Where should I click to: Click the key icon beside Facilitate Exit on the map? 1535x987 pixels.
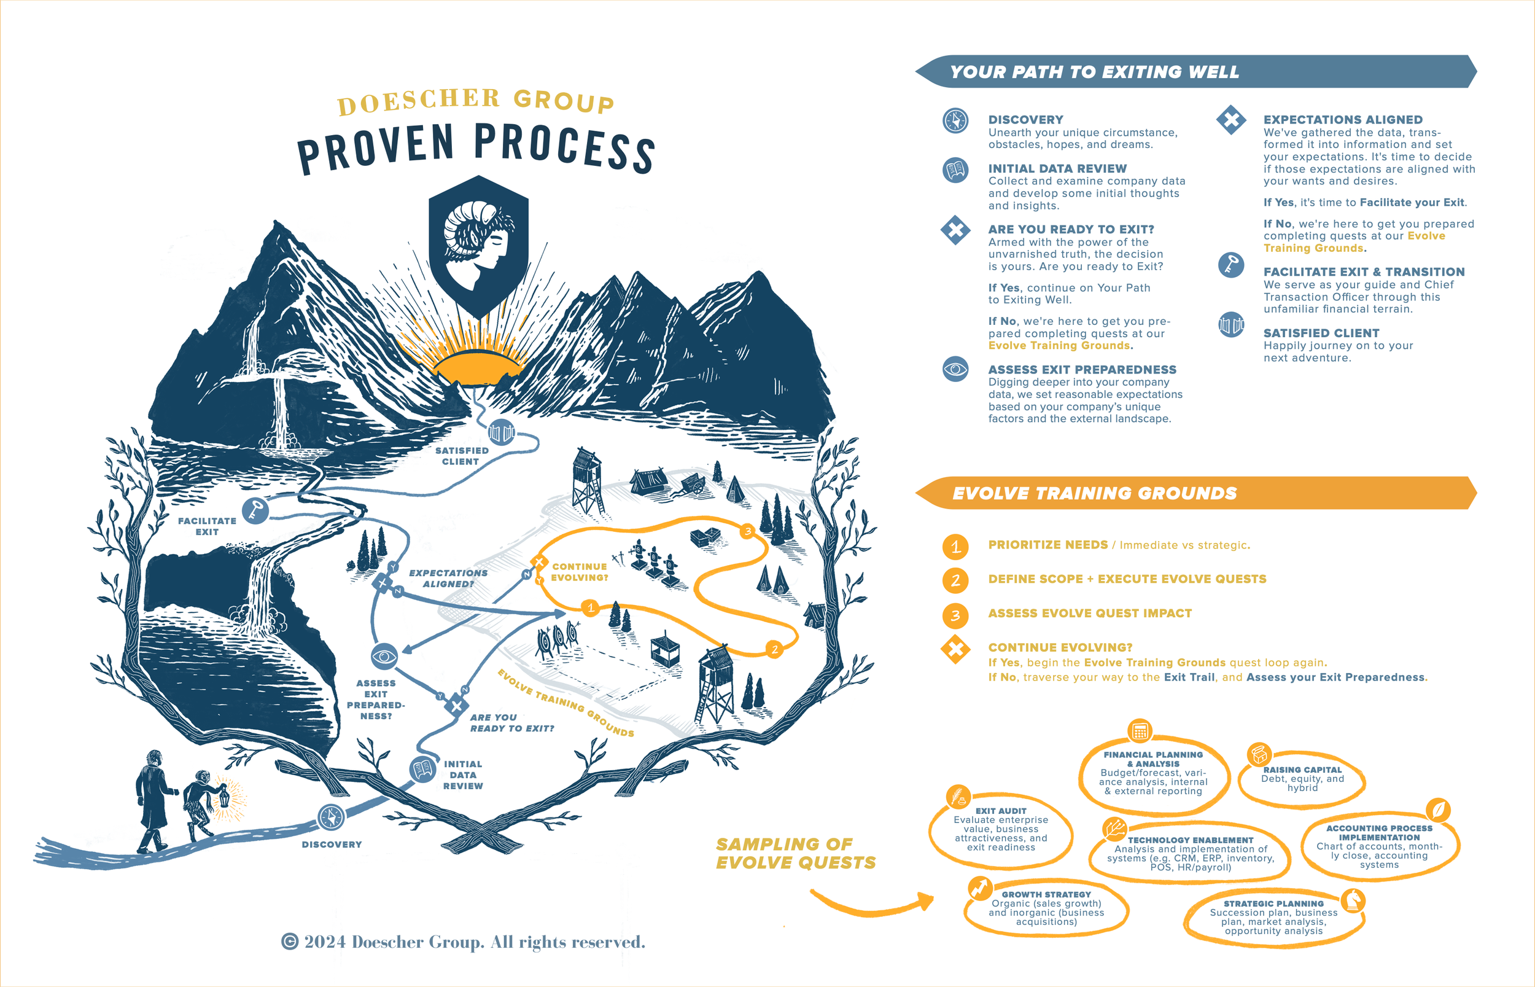(255, 511)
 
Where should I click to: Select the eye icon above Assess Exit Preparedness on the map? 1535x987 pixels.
(384, 656)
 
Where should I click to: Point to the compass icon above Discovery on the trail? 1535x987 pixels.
(331, 817)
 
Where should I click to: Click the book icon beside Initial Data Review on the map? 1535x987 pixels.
(422, 768)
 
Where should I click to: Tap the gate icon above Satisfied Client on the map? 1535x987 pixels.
(501, 432)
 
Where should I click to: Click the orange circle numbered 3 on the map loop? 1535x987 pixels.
(747, 531)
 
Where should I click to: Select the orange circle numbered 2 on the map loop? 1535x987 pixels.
(774, 649)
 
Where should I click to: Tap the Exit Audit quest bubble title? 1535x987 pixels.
(1001, 811)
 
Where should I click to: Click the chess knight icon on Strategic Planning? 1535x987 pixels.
(1353, 900)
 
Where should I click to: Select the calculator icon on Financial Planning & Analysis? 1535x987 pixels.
(1139, 731)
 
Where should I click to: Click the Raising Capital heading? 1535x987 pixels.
(1302, 770)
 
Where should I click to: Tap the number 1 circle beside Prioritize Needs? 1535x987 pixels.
(955, 546)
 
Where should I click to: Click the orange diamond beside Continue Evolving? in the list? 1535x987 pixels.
(955, 649)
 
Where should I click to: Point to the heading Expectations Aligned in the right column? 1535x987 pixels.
(1343, 120)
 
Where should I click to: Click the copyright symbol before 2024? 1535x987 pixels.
(290, 942)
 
